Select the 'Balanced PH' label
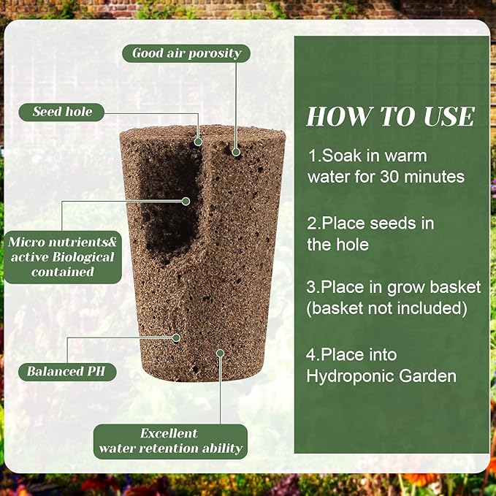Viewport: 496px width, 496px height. tap(66, 371)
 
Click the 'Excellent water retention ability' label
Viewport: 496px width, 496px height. tap(169, 441)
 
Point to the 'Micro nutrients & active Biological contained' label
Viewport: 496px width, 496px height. tap(61, 256)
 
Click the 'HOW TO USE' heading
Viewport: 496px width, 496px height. tap(390, 117)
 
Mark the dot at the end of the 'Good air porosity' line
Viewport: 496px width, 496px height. tap(236, 152)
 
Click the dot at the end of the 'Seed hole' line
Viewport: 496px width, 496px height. tap(198, 142)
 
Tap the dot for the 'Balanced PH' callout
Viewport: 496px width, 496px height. tap(176, 337)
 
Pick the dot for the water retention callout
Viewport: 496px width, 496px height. tap(220, 353)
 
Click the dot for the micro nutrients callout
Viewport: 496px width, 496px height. tap(186, 201)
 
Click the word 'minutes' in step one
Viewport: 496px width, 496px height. tap(438, 176)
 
